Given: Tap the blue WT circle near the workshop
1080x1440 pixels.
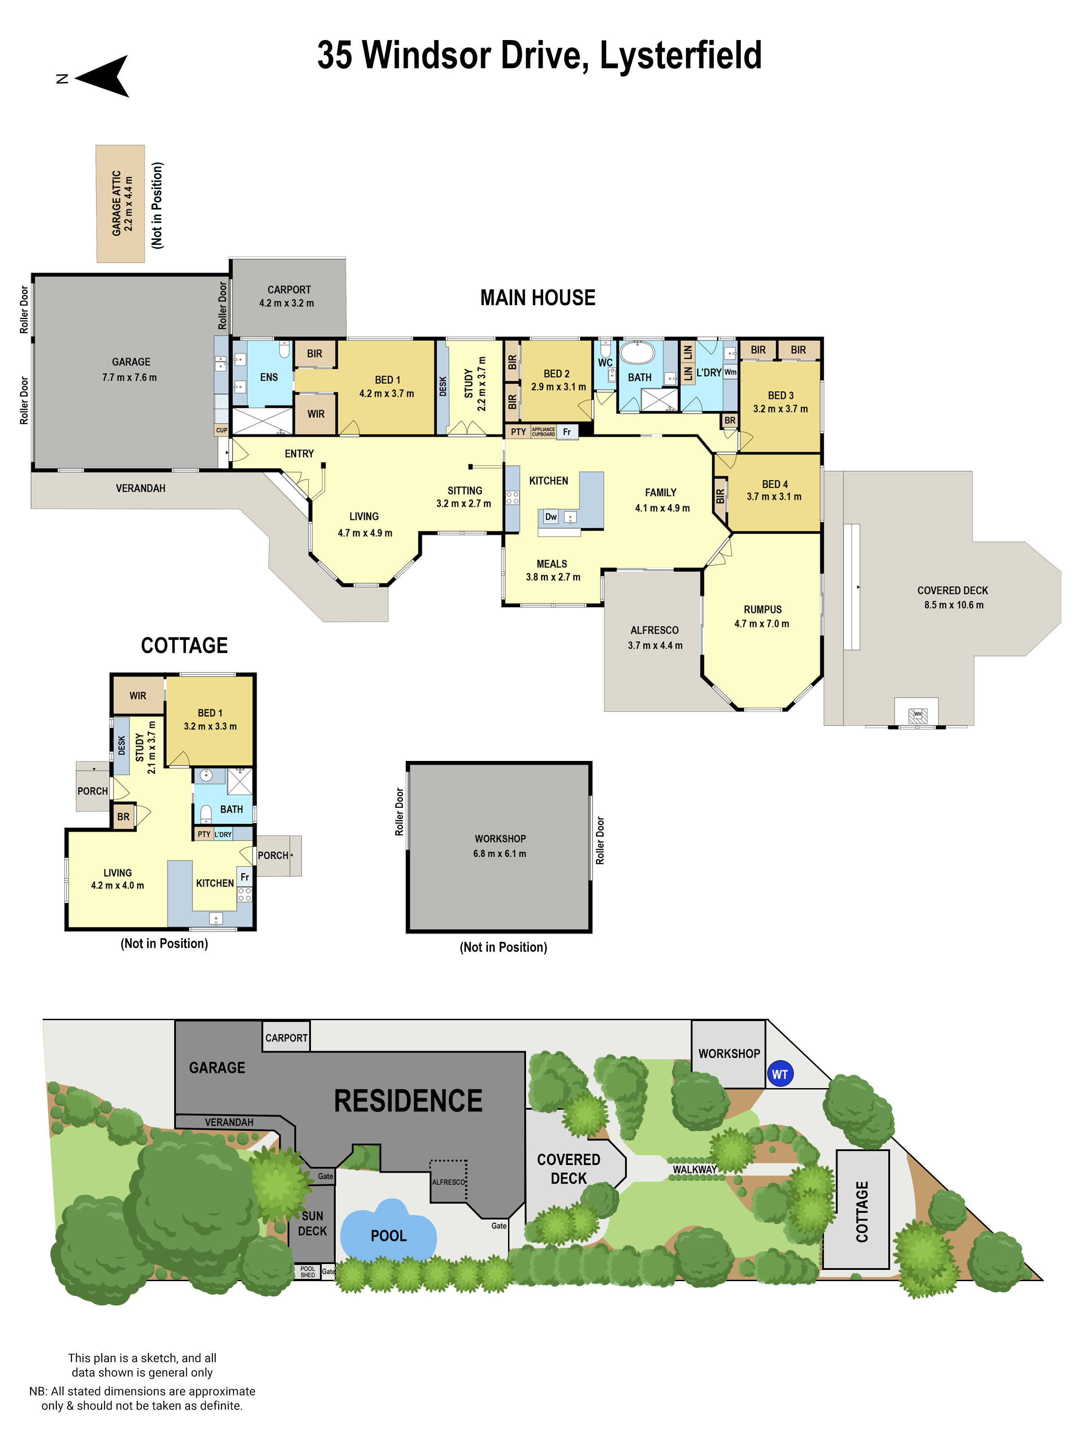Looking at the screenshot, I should coord(779,1074).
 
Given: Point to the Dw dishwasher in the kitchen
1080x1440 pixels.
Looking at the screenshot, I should coord(551,517).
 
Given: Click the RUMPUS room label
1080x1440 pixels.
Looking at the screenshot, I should coord(762,609).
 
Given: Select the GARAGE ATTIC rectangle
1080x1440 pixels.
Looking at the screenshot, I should coord(121,204).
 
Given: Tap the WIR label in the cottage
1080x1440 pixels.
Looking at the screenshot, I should coord(137,695).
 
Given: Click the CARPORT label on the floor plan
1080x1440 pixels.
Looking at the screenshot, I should coord(288,290).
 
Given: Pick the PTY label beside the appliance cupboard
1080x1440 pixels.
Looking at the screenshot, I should coord(518,432).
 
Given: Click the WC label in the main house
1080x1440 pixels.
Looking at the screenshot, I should coord(605,363).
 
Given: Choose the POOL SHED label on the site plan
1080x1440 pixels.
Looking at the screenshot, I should coord(307,1271).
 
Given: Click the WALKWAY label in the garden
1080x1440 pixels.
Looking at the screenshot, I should coord(694,1169).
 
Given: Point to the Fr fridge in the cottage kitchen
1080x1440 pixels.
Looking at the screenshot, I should coord(245,877).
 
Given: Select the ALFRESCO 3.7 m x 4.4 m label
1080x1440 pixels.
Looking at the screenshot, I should coord(654,637).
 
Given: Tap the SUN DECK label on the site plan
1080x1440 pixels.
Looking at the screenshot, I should coord(312,1223).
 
